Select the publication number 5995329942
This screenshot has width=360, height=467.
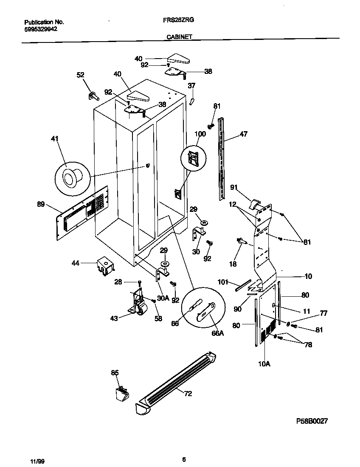[x=41, y=29]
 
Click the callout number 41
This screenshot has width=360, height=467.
[x=55, y=139]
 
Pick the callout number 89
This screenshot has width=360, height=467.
[x=41, y=204]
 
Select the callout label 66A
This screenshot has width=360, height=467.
[x=217, y=334]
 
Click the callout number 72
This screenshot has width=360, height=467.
[x=188, y=394]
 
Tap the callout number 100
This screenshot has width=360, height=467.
[x=200, y=134]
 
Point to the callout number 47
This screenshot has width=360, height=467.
[x=243, y=134]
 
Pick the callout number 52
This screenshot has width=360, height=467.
[x=80, y=75]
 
